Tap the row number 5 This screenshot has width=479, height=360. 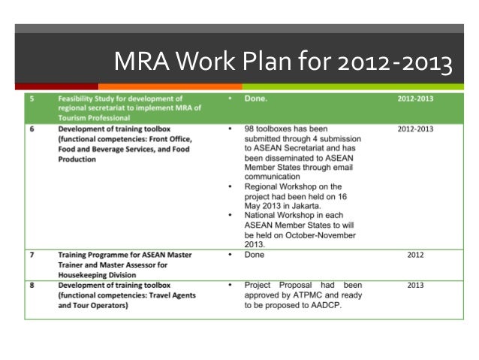pyautogui.click(x=32, y=98)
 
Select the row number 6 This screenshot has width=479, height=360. pyautogui.click(x=32, y=129)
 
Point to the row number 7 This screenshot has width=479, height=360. pyautogui.click(x=32, y=255)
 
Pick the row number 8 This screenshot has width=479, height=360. pyautogui.click(x=32, y=285)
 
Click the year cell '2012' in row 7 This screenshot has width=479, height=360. pyautogui.click(x=415, y=255)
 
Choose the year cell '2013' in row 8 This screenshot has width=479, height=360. pyautogui.click(x=415, y=286)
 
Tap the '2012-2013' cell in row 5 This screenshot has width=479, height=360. pyautogui.click(x=415, y=98)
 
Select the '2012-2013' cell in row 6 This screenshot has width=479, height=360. pyautogui.click(x=415, y=129)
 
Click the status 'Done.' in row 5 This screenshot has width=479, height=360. pyautogui.click(x=259, y=98)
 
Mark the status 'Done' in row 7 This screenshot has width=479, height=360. pyautogui.click(x=256, y=255)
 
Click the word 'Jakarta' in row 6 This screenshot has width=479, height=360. pyautogui.click(x=312, y=205)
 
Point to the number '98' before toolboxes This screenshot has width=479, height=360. pyautogui.click(x=251, y=129)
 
